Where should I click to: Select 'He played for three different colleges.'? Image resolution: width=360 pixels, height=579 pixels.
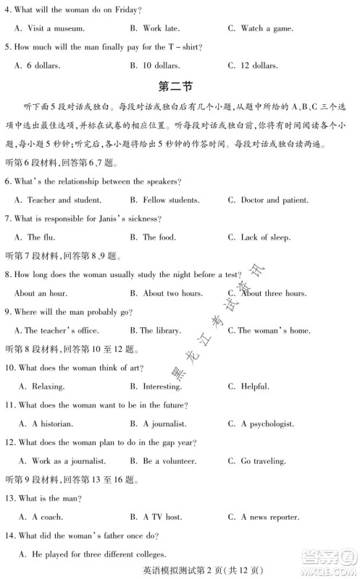99,554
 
